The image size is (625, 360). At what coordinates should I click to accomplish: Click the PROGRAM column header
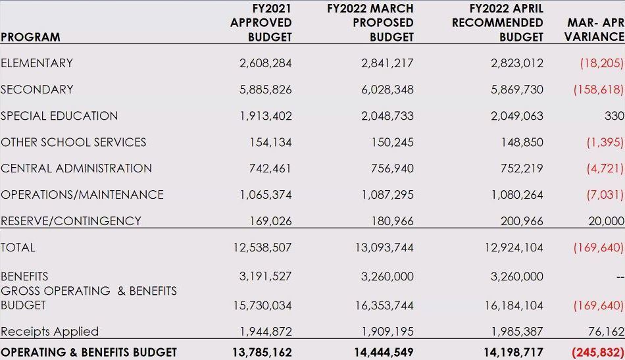pyautogui.click(x=30, y=38)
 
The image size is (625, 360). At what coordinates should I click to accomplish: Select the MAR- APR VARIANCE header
pyautogui.click(x=595, y=30)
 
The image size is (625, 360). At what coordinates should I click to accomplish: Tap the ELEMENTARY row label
pyautogui.click(x=37, y=63)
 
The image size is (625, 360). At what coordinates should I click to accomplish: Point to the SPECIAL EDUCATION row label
pyautogui.click(x=59, y=116)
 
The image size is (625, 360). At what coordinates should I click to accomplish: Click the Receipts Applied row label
pyautogui.click(x=49, y=332)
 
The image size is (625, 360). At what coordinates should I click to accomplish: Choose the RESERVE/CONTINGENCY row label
pyautogui.click(x=71, y=221)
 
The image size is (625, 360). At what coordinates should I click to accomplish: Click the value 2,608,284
pyautogui.click(x=265, y=63)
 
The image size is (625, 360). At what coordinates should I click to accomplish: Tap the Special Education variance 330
pyautogui.click(x=614, y=116)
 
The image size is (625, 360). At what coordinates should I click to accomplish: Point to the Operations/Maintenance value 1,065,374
pyautogui.click(x=265, y=195)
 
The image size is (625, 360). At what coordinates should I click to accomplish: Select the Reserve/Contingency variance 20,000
pyautogui.click(x=606, y=221)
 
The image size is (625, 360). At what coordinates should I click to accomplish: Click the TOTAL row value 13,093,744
pyautogui.click(x=387, y=247)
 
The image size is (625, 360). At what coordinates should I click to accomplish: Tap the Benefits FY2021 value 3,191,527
pyautogui.click(x=265, y=276)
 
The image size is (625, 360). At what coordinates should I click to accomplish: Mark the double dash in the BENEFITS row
pyautogui.click(x=620, y=277)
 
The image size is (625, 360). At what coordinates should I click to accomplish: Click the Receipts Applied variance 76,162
pyautogui.click(x=606, y=332)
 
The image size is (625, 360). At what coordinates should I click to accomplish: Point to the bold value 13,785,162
pyautogui.click(x=261, y=352)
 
